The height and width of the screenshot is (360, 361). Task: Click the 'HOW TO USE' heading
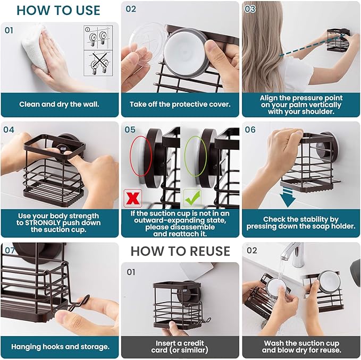58,11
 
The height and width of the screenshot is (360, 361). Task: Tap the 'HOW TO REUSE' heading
180,251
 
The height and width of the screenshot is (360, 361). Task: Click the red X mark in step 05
132,198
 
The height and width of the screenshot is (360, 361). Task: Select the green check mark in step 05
192,198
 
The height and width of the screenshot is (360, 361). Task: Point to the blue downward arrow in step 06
288,197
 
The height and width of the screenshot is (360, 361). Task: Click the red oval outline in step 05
141,156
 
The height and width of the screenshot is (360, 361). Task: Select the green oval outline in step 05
195,156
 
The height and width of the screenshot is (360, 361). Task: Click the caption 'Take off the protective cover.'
180,105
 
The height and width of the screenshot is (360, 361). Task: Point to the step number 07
10,250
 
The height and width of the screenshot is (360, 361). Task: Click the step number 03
250,9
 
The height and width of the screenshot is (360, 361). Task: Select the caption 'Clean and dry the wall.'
59,105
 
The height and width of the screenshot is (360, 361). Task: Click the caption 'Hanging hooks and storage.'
60,347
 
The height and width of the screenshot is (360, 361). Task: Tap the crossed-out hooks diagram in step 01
98,63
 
